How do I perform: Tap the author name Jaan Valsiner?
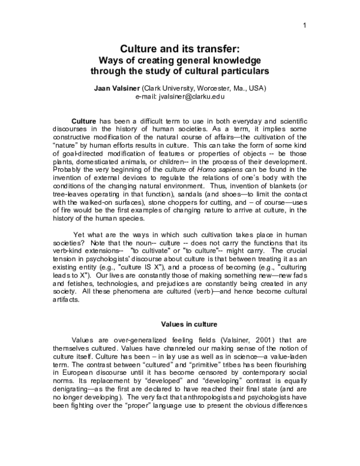point(117,88)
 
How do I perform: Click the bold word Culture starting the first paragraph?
point(84,120)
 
